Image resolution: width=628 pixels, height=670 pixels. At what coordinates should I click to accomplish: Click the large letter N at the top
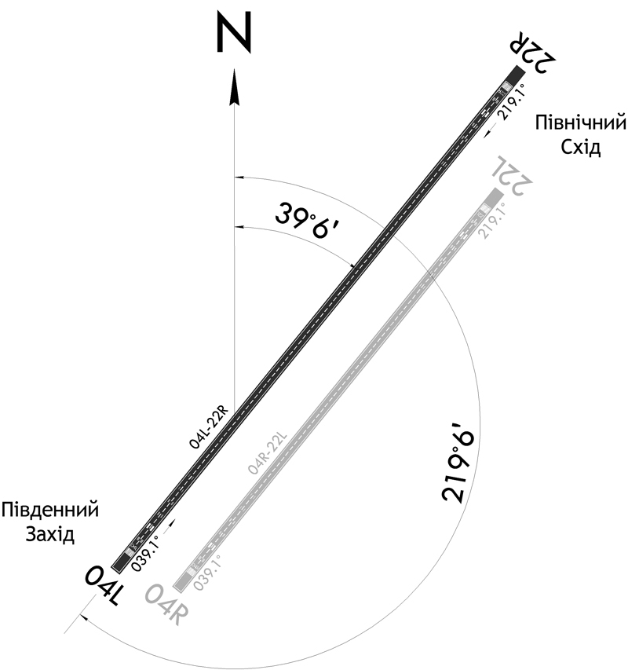(x=233, y=32)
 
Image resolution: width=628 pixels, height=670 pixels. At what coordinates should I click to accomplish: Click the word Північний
(x=581, y=123)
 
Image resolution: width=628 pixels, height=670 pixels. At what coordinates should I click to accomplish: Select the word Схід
(x=581, y=148)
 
